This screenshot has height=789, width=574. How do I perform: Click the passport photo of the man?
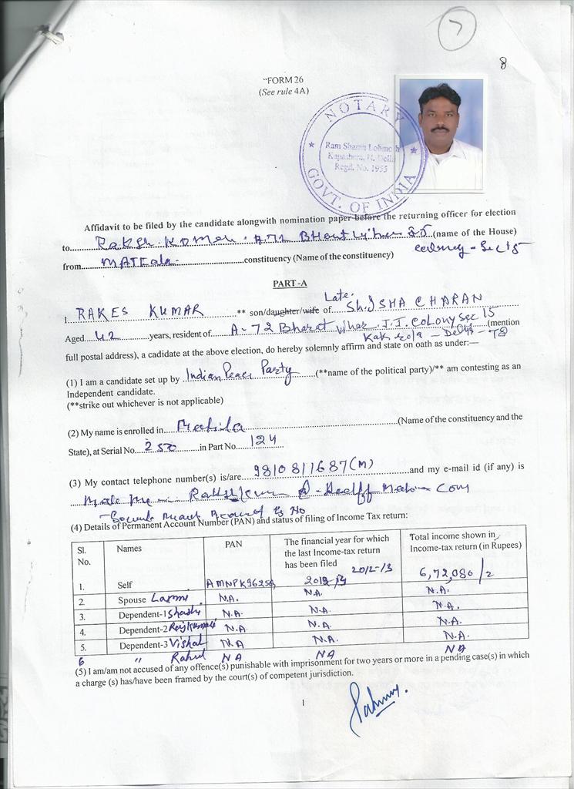(440, 134)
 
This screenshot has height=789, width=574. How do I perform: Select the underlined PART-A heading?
(290, 283)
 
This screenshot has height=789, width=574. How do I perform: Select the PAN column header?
(233, 544)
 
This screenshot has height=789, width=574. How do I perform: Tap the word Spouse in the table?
(133, 599)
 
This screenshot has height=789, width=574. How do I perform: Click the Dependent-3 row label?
(143, 644)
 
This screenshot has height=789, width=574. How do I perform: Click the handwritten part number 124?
(264, 442)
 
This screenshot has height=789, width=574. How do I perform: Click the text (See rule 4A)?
(283, 91)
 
